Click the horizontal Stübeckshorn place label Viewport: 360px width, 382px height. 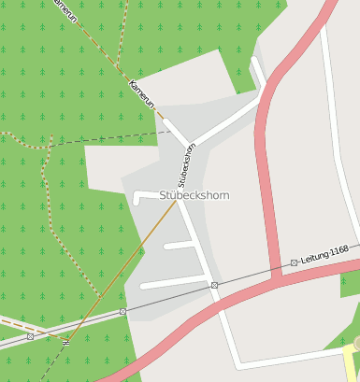194,195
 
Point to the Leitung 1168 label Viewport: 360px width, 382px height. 324,252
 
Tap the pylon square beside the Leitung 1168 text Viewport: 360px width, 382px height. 294,262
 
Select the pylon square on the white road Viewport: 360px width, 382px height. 214,284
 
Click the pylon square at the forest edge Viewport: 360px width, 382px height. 122,311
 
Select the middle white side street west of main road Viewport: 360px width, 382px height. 179,245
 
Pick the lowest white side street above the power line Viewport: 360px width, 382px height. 173,282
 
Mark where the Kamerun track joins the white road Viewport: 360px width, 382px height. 166,121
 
